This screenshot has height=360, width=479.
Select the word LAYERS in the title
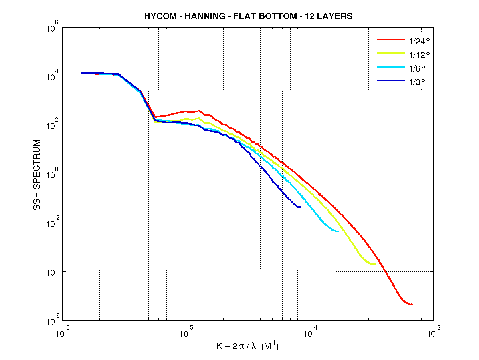click(x=335, y=17)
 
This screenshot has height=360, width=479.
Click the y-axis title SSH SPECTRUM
click(x=37, y=175)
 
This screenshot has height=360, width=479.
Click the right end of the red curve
click(x=412, y=304)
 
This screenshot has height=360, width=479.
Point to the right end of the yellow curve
click(x=375, y=264)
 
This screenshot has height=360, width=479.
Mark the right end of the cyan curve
click(x=338, y=231)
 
